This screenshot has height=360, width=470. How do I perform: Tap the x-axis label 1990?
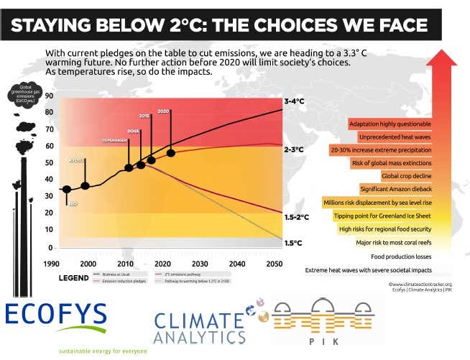[x=51, y=264]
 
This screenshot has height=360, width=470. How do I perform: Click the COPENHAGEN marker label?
[x=114, y=140]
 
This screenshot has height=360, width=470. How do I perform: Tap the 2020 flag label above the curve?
[x=162, y=111]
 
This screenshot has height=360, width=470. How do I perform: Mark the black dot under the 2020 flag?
[x=170, y=152]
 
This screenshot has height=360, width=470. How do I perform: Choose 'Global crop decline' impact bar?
[x=406, y=175]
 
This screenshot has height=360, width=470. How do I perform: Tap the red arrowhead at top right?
[x=441, y=60]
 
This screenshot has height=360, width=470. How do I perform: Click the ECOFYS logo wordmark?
[x=56, y=317]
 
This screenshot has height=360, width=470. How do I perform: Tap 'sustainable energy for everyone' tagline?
[x=103, y=351]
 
